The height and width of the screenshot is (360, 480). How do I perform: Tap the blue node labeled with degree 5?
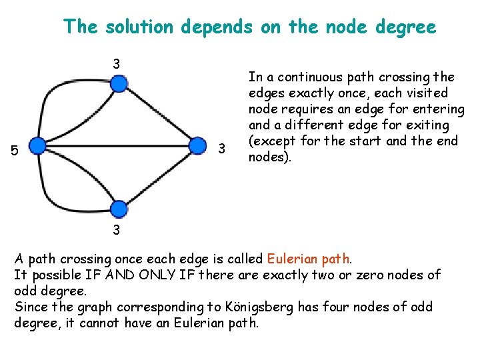[38, 147]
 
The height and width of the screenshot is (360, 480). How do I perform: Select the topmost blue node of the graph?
[118, 83]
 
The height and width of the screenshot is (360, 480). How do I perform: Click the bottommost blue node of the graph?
[118, 209]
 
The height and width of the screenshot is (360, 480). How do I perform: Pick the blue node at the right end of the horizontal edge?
[197, 147]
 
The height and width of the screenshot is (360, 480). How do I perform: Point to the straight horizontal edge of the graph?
[117, 147]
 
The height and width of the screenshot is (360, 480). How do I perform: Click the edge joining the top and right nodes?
[158, 115]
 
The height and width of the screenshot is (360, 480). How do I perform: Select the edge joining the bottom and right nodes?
[158, 178]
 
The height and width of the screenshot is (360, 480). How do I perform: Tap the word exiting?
[424, 125]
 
